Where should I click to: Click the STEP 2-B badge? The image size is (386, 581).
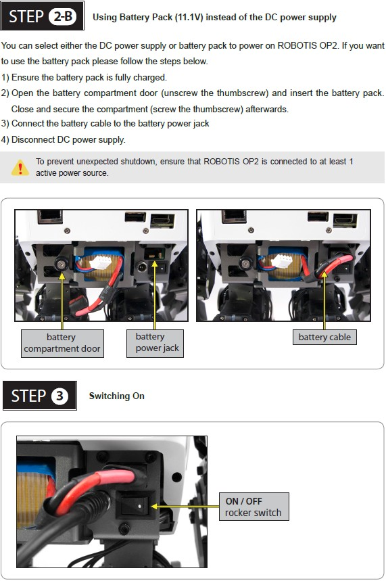42,16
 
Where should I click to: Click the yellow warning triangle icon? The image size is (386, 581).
20,168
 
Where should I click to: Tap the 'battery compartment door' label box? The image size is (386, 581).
62,343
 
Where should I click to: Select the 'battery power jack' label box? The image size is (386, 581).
155,343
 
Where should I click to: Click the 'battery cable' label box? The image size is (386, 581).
324,338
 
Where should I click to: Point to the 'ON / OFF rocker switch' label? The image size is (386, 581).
254,507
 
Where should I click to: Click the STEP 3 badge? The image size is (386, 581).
40,396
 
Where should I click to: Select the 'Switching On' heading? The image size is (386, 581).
117,396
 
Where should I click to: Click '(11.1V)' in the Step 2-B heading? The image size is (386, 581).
189,17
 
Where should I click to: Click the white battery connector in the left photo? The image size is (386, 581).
100,262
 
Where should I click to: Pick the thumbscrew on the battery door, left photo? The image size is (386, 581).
60,264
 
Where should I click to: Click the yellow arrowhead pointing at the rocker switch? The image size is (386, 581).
155,506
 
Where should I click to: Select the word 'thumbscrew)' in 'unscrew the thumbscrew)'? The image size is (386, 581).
242,93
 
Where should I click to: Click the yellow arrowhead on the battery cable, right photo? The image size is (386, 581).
324,275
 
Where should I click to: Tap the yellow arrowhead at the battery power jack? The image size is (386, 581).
155,264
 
